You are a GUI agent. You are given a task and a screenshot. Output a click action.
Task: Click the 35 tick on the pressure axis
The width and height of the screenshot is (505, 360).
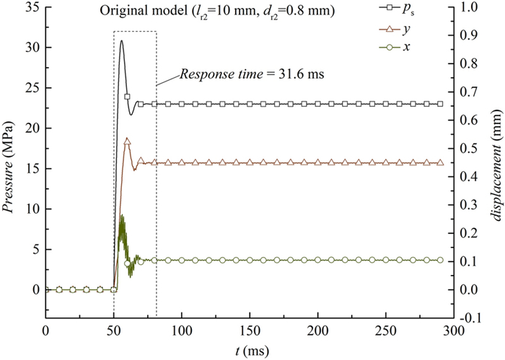pyautogui.click(x=30, y=7)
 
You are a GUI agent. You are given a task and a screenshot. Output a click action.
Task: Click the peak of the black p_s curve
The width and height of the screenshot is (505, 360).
pyautogui.click(x=122, y=40)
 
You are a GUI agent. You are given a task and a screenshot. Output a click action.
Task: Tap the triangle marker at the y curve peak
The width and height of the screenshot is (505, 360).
pyautogui.click(x=128, y=141)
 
